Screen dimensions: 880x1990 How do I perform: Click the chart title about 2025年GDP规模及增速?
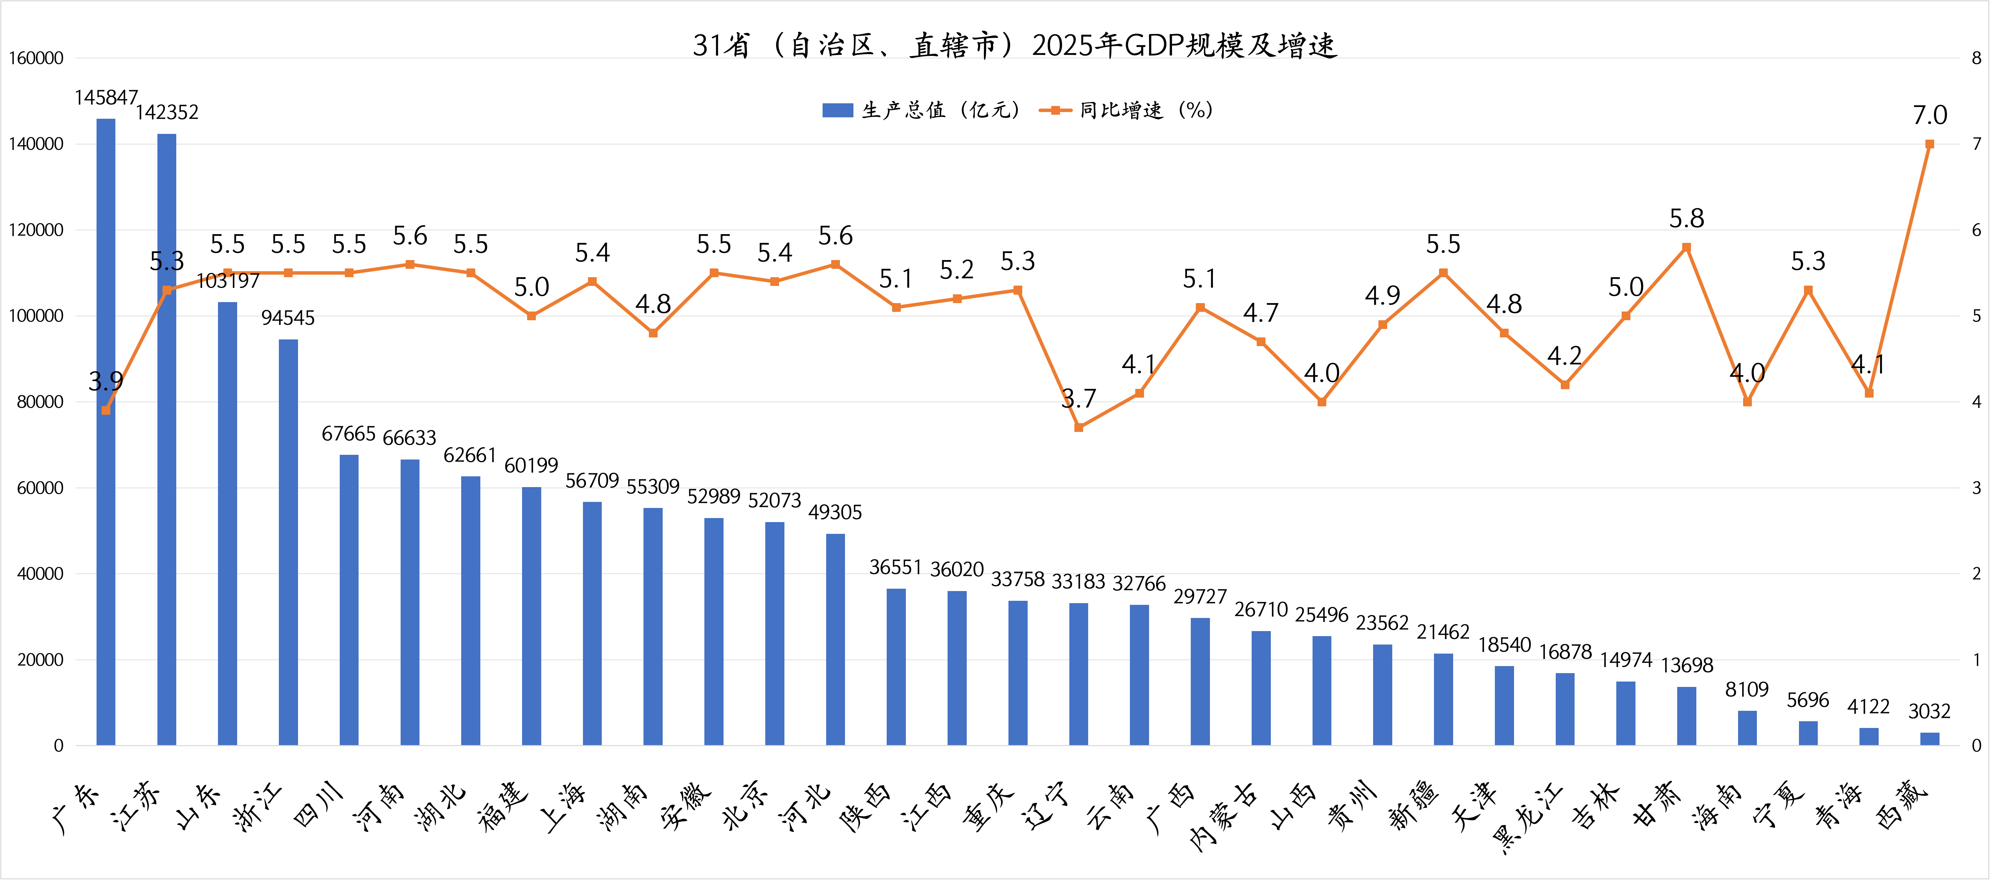pyautogui.click(x=1014, y=46)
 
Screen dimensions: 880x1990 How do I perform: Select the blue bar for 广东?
pyautogui.click(x=106, y=433)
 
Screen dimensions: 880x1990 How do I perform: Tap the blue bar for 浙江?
pyautogui.click(x=288, y=541)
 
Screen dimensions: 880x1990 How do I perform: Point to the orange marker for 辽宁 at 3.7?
pyautogui.click(x=1078, y=427)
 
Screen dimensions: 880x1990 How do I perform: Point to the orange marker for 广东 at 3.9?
pyautogui.click(x=106, y=410)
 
